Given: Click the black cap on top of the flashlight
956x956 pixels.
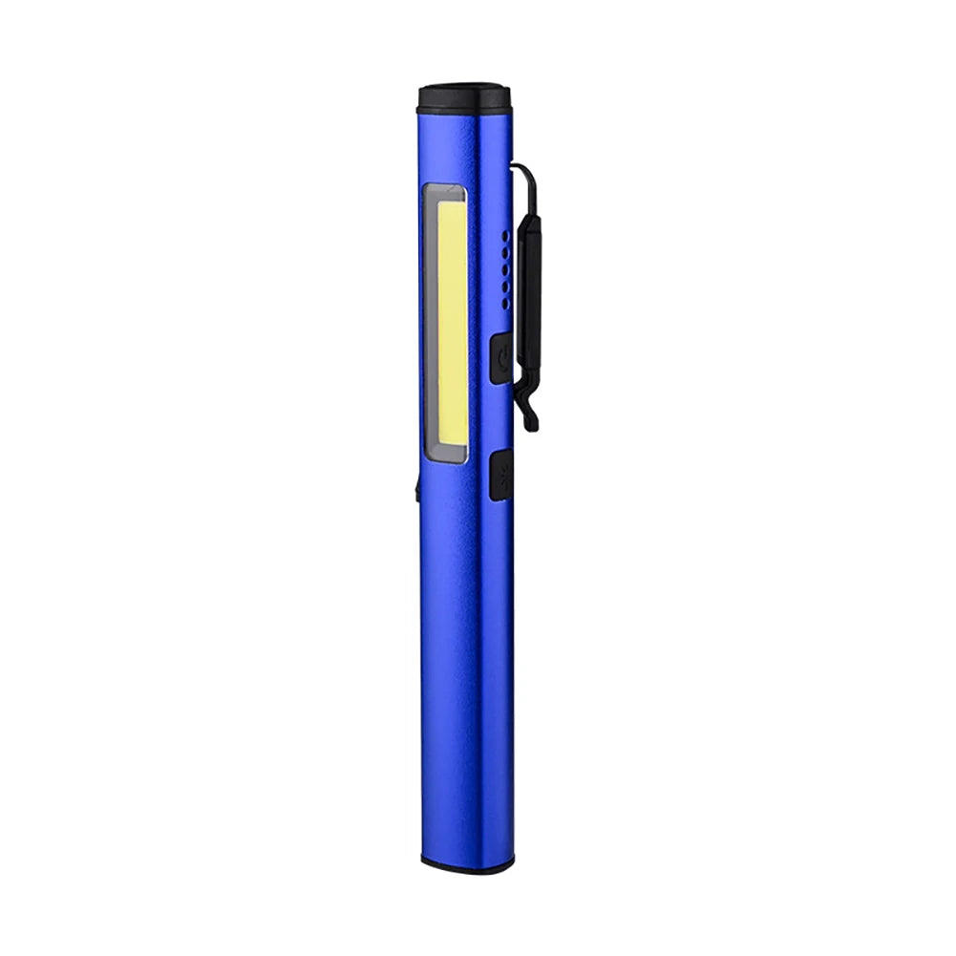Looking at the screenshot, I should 465,97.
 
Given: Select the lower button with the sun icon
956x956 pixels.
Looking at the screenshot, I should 500,476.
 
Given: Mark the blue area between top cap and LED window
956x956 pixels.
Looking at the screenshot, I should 463,148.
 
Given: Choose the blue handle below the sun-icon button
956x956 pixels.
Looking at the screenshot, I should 466,669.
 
